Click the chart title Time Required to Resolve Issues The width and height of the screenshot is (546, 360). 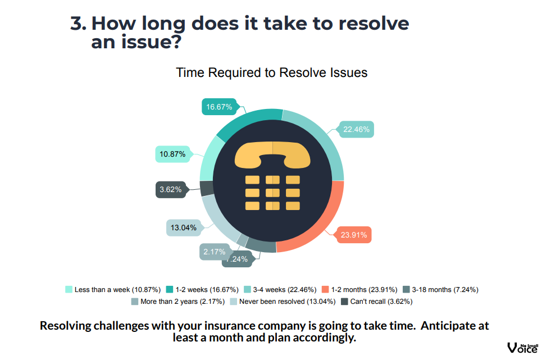272,73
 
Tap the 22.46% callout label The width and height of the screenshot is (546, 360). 356,130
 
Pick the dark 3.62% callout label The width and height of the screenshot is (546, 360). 170,190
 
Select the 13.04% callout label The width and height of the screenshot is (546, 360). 183,228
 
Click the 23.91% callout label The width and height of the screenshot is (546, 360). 354,235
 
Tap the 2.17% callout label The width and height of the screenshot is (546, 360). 215,252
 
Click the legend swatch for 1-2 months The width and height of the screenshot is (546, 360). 325,290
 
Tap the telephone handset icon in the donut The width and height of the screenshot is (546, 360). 272,154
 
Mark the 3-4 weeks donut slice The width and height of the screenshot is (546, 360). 325,140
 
